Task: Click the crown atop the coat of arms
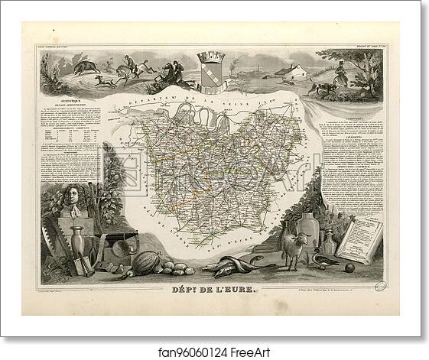(x=210, y=57)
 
